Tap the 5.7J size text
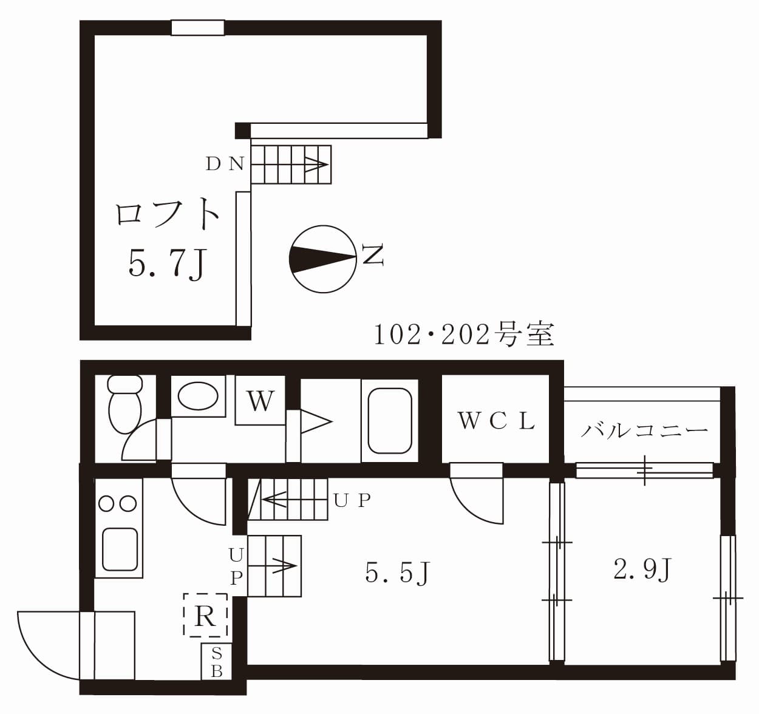(x=168, y=263)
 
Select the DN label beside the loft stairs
(x=225, y=164)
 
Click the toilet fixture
(x=124, y=404)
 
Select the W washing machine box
(x=260, y=401)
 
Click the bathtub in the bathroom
(x=389, y=421)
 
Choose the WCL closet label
(x=496, y=421)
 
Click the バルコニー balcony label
(x=644, y=430)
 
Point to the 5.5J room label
(x=398, y=572)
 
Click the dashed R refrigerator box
(x=205, y=616)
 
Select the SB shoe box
(x=216, y=662)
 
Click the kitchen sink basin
(x=119, y=549)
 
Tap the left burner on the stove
(x=107, y=503)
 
